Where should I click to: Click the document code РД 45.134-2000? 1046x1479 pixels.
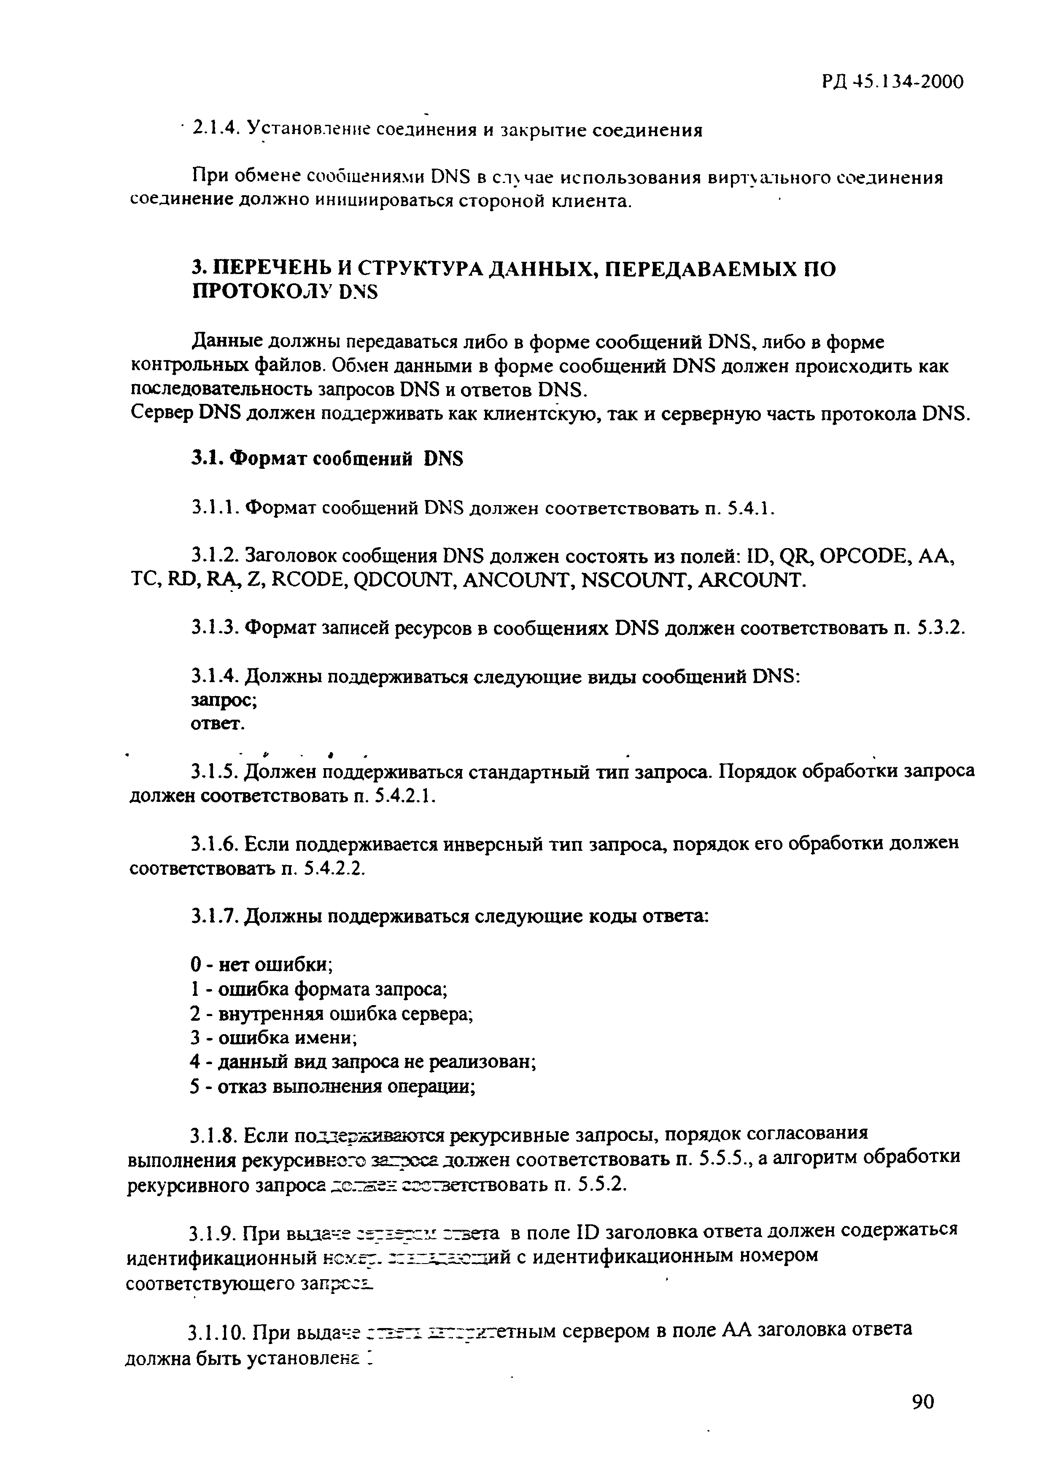click(892, 82)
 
